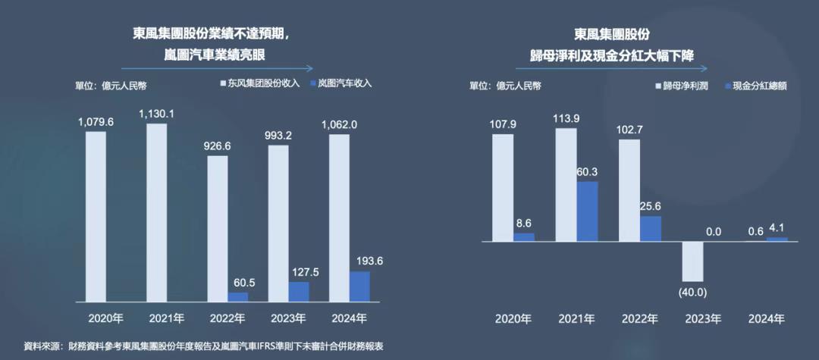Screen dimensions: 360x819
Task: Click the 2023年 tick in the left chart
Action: click(287, 318)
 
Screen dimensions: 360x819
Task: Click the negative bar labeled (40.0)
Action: click(693, 261)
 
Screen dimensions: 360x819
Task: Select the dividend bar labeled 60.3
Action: click(587, 211)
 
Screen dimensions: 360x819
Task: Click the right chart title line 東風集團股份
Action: click(612, 34)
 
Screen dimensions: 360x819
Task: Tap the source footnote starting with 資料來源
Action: click(203, 346)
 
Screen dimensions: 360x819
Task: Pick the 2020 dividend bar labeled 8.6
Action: click(524, 237)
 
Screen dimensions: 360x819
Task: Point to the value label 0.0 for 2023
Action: click(713, 231)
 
